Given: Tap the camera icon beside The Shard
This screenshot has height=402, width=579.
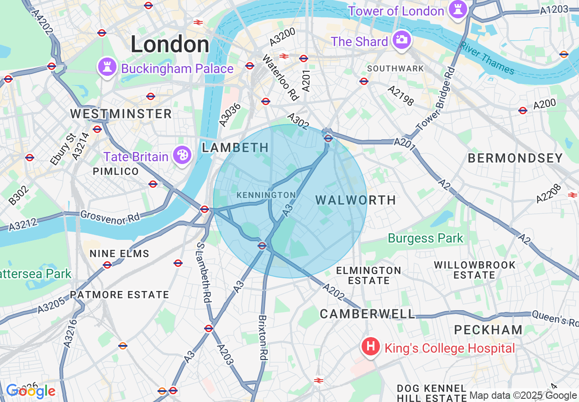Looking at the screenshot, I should tap(401, 40).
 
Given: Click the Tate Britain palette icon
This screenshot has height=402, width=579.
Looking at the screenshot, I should tap(182, 155).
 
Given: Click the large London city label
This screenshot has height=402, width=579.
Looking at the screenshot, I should tap(170, 45).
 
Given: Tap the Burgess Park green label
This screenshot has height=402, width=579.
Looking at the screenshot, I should tap(425, 238).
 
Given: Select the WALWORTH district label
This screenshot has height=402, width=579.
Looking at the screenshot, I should tap(355, 200).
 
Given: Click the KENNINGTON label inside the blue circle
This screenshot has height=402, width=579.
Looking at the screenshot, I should tap(266, 195).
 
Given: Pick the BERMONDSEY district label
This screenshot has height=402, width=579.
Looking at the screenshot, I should tap(515, 159).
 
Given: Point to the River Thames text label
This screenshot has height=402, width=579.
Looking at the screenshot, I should tap(487, 58).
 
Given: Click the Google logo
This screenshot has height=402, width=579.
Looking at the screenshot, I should tap(30, 391).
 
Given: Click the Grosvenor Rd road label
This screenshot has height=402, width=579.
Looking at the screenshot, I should tap(109, 217).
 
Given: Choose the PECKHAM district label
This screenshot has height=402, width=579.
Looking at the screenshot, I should tap(488, 330).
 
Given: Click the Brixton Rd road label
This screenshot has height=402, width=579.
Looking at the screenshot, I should tap(263, 338).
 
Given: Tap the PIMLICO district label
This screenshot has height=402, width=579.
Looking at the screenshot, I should tap(116, 172).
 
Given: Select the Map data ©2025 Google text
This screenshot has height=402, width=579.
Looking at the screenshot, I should tap(523, 396).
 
